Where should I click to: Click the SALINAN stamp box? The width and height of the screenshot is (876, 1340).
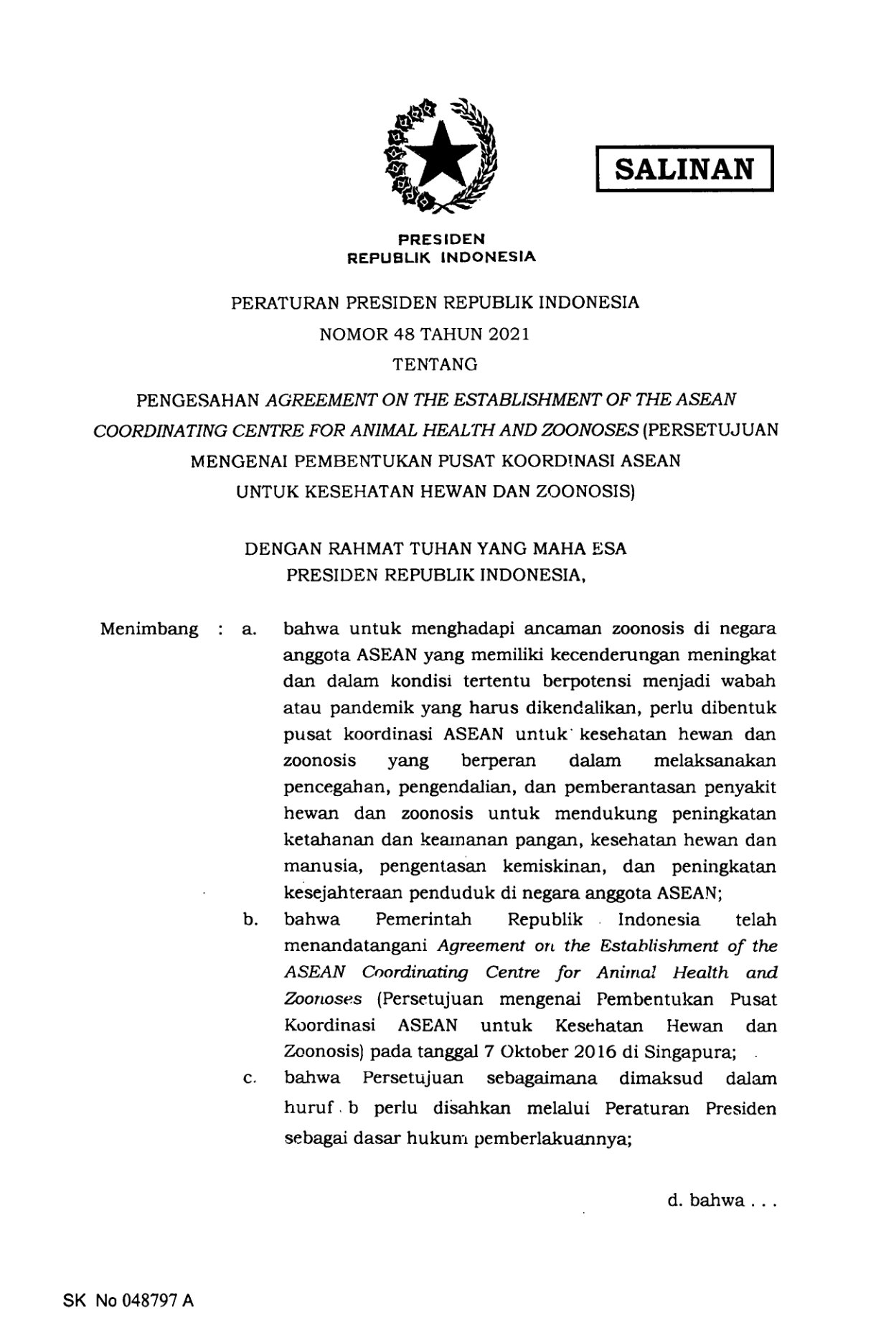coord(684,169)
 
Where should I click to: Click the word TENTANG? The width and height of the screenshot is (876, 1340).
coord(435,365)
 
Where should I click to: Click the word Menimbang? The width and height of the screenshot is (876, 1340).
coord(149,629)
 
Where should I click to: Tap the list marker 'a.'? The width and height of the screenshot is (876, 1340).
coord(250,630)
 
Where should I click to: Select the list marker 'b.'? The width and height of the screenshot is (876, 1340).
coord(250,920)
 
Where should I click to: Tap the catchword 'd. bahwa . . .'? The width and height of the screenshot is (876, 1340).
coord(720,1200)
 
